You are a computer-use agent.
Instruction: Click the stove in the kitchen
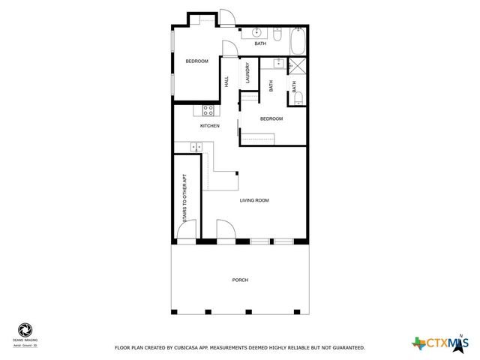(208, 111)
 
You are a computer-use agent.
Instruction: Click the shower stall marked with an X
(298, 65)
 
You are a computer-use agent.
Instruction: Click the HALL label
(226, 82)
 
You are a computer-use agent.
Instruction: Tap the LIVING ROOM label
(254, 200)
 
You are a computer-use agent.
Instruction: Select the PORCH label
(240, 280)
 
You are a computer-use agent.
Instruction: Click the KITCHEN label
(209, 126)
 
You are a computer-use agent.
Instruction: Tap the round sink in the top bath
(256, 32)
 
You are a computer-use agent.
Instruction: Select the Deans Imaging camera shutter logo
(25, 329)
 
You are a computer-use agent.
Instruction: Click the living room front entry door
(223, 230)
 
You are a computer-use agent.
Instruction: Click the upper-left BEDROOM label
(196, 61)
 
